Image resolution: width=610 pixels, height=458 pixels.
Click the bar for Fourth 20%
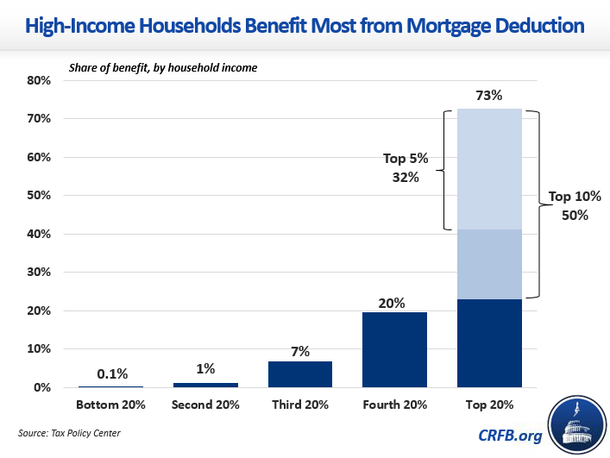394,349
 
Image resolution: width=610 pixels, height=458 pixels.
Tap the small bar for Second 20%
206,385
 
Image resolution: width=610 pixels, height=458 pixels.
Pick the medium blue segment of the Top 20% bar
489,264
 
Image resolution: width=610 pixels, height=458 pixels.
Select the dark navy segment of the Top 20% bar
489,343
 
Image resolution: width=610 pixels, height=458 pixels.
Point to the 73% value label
489,97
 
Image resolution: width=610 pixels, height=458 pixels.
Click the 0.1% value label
112,374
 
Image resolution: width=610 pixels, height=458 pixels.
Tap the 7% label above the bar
300,351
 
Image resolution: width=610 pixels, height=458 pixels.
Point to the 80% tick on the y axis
40,80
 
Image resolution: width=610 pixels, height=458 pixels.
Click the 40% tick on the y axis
40,234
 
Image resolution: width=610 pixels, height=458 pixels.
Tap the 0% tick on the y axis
43,387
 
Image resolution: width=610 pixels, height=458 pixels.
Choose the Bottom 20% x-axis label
112,405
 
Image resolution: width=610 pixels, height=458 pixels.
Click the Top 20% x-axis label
489,405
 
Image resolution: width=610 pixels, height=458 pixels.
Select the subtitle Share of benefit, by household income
162,67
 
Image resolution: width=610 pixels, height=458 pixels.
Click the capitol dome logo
573,422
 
